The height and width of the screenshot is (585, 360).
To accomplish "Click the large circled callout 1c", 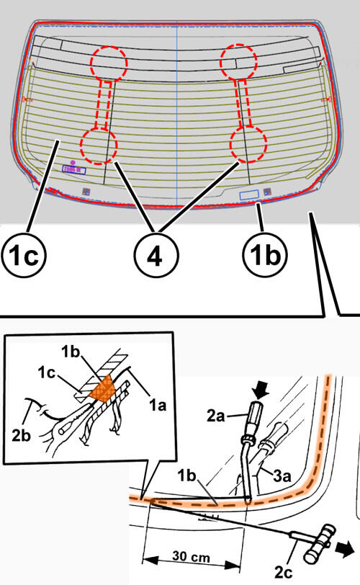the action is click(24, 256).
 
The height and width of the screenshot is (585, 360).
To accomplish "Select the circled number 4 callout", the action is click(156, 256).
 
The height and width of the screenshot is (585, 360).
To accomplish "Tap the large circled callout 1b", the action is click(265, 256).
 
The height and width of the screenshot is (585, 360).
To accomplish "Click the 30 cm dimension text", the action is click(192, 557).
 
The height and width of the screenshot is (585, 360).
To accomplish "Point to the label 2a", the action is click(216, 416).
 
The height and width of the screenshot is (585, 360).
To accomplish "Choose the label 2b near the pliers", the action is click(22, 435).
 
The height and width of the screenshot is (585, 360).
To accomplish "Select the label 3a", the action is click(282, 476).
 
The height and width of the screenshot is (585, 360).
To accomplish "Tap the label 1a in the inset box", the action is click(157, 405).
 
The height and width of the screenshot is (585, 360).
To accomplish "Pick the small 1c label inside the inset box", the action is click(47, 372).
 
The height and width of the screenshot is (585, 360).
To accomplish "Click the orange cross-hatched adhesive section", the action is click(102, 388).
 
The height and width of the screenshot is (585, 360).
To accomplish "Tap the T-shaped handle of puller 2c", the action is click(320, 542).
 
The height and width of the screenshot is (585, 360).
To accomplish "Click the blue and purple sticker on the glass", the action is click(73, 170).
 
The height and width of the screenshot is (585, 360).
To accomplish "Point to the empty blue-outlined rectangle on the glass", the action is click(248, 195).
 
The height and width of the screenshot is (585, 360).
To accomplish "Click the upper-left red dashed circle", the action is click(109, 64).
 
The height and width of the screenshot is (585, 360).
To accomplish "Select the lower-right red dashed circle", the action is click(248, 144).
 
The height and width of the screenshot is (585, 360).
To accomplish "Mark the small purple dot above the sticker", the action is click(73, 163).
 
